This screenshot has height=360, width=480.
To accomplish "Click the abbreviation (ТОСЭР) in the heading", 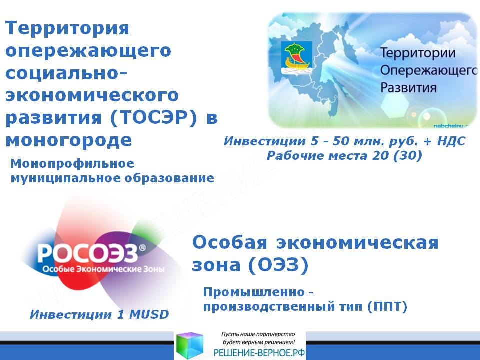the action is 153,118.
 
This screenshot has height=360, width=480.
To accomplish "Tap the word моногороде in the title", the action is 69,141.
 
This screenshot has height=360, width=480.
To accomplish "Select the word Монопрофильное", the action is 72,164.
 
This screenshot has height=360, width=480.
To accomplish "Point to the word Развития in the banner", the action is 408,87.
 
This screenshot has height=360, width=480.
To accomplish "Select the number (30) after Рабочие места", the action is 408,156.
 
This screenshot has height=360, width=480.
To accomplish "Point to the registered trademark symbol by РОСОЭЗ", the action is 142,248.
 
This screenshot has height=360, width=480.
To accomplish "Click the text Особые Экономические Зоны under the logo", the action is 103,269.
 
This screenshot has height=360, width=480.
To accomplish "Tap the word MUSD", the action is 149,314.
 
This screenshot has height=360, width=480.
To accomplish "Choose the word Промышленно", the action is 254,292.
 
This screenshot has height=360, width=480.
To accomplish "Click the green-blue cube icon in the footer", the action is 190,345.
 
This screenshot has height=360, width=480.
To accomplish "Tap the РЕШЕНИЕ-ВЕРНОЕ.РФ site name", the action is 259,353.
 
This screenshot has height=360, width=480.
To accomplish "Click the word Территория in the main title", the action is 67,28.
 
